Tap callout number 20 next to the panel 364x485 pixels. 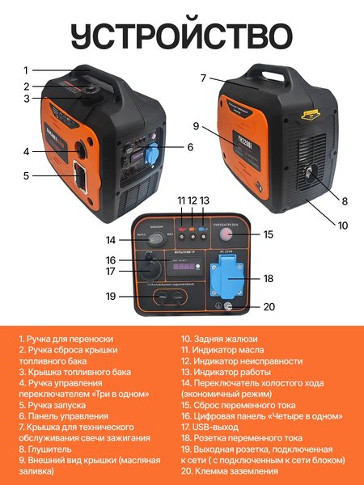[x=269, y=306]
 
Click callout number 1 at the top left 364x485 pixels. [x=26, y=70]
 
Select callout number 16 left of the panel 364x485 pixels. [x=112, y=259]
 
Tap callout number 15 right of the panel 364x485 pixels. [x=269, y=234]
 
